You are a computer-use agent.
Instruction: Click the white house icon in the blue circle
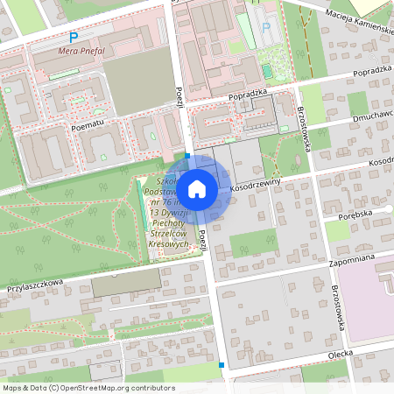[x=197, y=188]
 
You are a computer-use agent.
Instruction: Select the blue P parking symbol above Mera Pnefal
[x=74, y=38]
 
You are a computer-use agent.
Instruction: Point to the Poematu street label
[x=88, y=125]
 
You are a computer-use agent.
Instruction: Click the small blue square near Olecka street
[x=222, y=364]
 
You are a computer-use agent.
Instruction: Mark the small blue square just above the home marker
[x=187, y=154]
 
